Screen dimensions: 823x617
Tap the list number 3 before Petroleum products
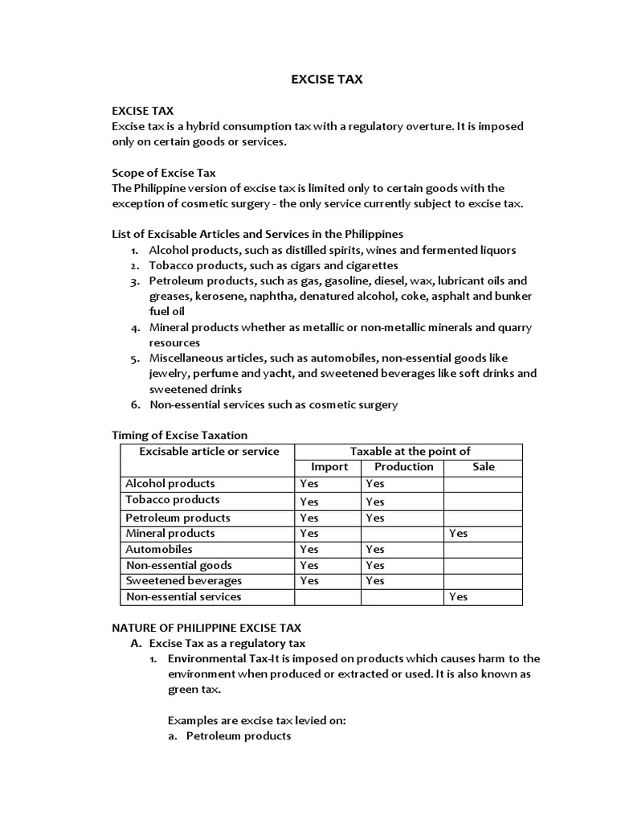tap(134, 281)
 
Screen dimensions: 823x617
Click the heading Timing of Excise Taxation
tap(179, 435)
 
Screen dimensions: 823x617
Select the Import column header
tap(329, 467)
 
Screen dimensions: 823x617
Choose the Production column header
tap(403, 467)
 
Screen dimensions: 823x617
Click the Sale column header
tap(484, 467)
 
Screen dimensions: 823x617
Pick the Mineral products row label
tap(170, 533)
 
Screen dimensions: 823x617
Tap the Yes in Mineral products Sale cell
tap(458, 533)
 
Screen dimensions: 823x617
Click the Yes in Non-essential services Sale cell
tap(458, 596)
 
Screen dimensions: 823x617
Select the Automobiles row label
tap(158, 549)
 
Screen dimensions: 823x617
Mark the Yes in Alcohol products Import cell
tap(308, 484)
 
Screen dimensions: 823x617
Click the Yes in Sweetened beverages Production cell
tap(374, 580)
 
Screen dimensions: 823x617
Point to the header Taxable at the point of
tap(410, 451)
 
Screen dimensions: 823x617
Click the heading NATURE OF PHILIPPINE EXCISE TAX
tap(206, 628)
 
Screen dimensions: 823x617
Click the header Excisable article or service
tap(209, 451)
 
